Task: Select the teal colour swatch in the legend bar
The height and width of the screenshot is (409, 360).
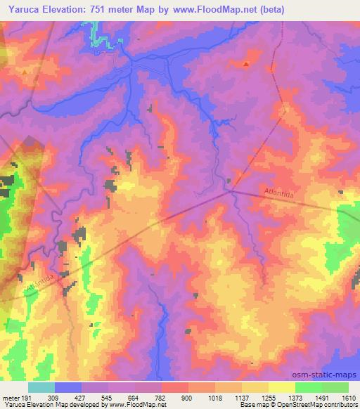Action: (41, 387)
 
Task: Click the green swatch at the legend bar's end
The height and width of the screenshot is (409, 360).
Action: (335, 387)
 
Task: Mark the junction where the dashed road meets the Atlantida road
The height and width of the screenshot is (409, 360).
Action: (230, 190)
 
